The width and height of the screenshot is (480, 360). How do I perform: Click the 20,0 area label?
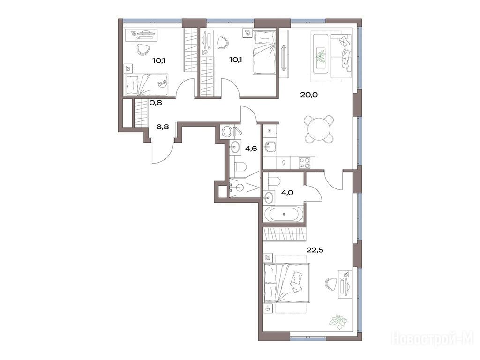click(309, 95)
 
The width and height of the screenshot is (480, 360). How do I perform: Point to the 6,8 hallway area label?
click(163, 127)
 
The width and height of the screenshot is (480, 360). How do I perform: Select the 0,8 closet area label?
click(156, 103)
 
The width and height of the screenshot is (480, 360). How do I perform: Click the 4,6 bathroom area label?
click(251, 149)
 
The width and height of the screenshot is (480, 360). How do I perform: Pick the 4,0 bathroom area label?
click(287, 193)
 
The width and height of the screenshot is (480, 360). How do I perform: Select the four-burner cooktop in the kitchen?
click(304, 162)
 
